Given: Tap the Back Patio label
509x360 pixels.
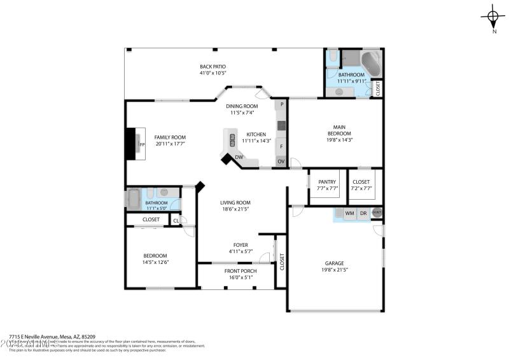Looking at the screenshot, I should [x=213, y=67].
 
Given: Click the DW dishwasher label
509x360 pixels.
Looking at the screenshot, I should [x=239, y=157].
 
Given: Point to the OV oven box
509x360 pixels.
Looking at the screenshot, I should [x=281, y=162].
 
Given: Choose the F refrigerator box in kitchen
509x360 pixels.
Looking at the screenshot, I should [x=281, y=146].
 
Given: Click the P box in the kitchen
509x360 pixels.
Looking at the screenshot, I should [x=281, y=104].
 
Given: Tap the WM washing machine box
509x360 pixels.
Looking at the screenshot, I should [x=349, y=214].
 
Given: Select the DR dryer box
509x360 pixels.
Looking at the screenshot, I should [x=363, y=214].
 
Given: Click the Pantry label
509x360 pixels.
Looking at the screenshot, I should [x=327, y=183].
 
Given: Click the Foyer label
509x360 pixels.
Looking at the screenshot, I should [x=241, y=245].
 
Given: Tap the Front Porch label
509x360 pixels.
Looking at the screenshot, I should [x=241, y=271].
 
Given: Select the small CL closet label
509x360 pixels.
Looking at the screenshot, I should [x=176, y=221].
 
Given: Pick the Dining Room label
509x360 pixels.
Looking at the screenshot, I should [x=242, y=106].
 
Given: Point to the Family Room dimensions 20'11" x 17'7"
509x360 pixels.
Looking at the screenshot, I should [x=170, y=144].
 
